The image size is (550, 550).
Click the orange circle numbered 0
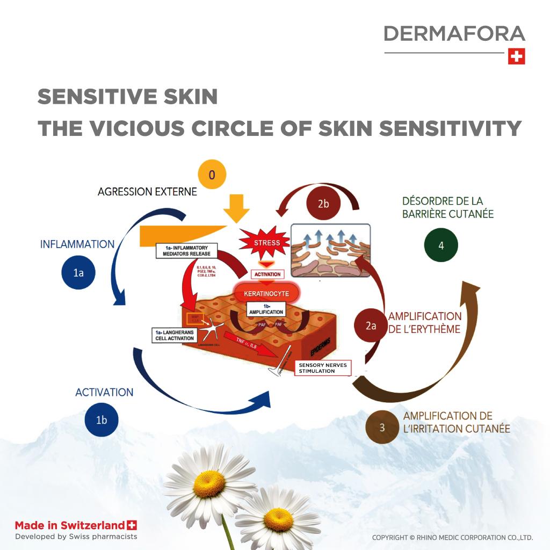coord(212,175)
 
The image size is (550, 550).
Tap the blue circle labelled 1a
coord(78,272)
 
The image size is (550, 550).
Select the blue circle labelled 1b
coord(101,419)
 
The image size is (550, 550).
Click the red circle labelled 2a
coord(371,325)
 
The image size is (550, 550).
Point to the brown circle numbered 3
coord(382,427)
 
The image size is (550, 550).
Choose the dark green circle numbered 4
coord(441,245)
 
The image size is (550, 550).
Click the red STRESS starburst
coord(267,243)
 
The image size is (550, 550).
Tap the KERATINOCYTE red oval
coord(266,294)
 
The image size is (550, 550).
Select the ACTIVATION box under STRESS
coord(267,274)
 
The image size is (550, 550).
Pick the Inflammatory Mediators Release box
coord(187,250)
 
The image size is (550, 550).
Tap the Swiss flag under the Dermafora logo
coord(516,56)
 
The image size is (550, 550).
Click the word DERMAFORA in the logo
coord(454,34)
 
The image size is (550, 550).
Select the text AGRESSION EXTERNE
coord(147,191)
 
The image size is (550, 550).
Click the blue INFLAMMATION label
coord(77,244)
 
